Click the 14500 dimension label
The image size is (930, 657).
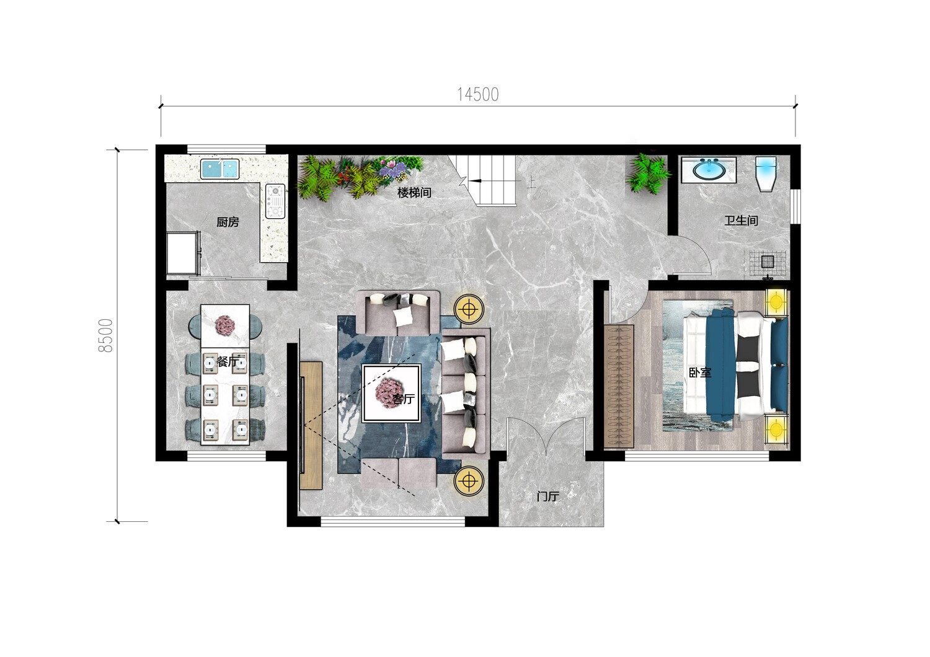coord(478,95)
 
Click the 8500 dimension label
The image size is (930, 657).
coord(105,335)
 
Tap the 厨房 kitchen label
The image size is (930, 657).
coord(228,223)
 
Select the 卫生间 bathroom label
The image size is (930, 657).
coord(741,221)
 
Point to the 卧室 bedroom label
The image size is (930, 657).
coord(700,373)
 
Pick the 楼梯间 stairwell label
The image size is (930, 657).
coord(414,193)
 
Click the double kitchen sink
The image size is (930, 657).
coord(219,169)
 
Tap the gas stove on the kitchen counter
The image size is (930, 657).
coord(275,201)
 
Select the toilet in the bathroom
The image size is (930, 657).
coord(766,174)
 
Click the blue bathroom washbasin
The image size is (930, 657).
coord(709,169)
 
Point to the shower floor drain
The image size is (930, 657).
coord(768,261)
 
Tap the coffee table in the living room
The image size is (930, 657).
coord(391,393)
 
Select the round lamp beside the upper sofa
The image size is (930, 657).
coord(469,309)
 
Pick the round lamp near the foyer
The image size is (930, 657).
coord(469,480)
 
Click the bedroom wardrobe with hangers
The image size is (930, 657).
coord(619,386)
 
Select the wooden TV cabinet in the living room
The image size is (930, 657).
coord(311,425)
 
